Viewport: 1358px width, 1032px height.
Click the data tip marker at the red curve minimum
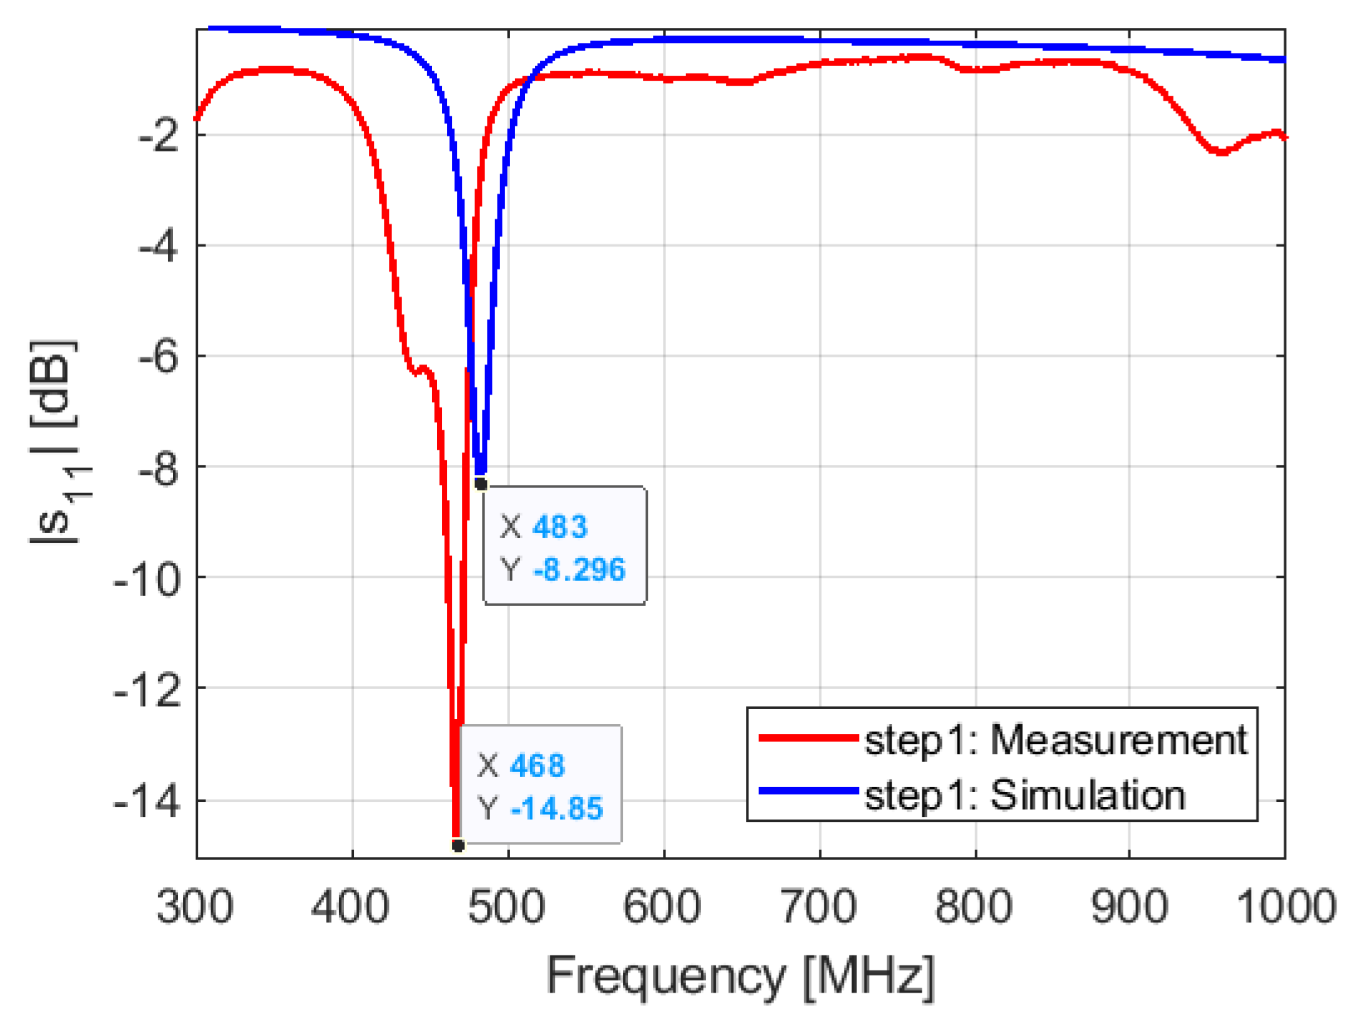(458, 845)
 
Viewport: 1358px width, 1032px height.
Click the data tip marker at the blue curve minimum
(481, 485)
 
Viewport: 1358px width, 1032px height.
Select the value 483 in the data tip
(559, 527)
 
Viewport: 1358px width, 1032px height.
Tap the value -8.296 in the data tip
(579, 570)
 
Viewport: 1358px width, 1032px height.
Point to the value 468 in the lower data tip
(537, 766)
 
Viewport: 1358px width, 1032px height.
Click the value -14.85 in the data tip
(556, 809)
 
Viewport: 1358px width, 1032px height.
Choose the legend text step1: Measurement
(1056, 740)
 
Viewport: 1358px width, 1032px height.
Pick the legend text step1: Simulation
(1024, 795)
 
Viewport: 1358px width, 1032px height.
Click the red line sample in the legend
(808, 738)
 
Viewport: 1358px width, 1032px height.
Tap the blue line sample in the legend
(808, 790)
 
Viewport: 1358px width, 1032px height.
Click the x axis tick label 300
(195, 907)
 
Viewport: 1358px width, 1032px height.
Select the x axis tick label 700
(818, 907)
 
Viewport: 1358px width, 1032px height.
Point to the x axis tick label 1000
(1285, 907)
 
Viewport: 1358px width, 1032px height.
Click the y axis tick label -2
(159, 136)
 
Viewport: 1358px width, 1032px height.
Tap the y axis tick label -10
(147, 578)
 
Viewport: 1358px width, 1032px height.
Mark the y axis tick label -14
(147, 802)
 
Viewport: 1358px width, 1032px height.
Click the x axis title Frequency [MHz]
(740, 976)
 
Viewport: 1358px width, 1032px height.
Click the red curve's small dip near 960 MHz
(1221, 152)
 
